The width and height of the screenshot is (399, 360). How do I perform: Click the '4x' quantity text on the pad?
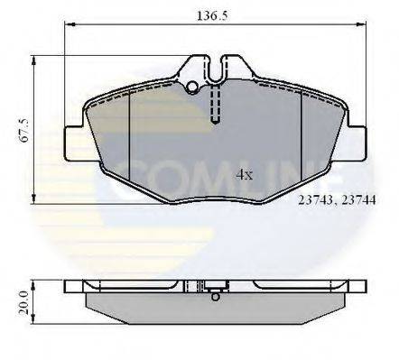[x=244, y=177]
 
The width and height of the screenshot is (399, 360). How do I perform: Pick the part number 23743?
[x=315, y=204]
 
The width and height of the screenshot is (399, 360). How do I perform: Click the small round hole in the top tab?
[x=191, y=88]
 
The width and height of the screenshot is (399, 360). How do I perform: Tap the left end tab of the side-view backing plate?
[x=74, y=286]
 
